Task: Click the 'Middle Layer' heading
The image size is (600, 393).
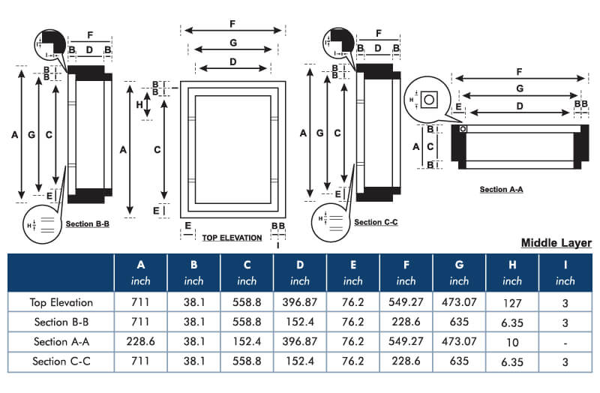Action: pyautogui.click(x=556, y=243)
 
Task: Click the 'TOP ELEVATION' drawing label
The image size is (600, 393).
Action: pyautogui.click(x=232, y=238)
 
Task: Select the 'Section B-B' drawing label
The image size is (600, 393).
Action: pyautogui.click(x=88, y=223)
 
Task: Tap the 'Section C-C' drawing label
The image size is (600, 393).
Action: pyautogui.click(x=376, y=222)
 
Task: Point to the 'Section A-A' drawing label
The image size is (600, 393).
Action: pyautogui.click(x=501, y=190)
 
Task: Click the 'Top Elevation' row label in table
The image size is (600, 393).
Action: pyautogui.click(x=61, y=302)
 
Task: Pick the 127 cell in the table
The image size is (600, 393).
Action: pyautogui.click(x=512, y=302)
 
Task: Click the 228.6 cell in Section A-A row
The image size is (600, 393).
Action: pyautogui.click(x=140, y=341)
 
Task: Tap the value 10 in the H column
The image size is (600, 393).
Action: pyautogui.click(x=512, y=341)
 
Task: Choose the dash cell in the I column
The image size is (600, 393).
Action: pyautogui.click(x=565, y=341)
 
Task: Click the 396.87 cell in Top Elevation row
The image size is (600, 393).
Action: pyautogui.click(x=299, y=302)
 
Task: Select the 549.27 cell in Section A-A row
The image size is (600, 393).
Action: pyautogui.click(x=406, y=341)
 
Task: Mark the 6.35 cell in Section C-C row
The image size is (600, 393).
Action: pyautogui.click(x=512, y=361)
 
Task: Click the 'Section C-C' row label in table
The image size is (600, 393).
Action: pyautogui.click(x=61, y=361)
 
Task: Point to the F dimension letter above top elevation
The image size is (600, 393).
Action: pyautogui.click(x=233, y=24)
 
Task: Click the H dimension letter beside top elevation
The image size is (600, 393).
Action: pyautogui.click(x=139, y=105)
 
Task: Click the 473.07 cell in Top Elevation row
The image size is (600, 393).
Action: pyautogui.click(x=459, y=302)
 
